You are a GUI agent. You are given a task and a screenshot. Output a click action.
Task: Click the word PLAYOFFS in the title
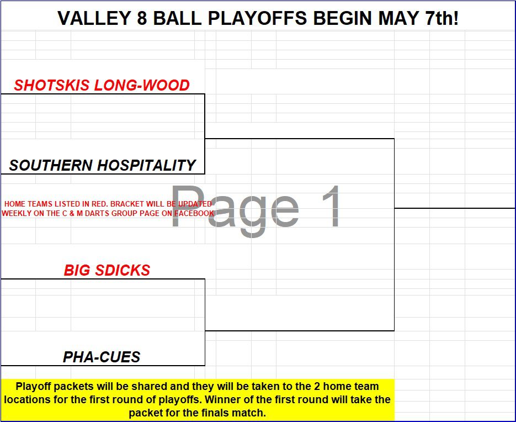point(257,18)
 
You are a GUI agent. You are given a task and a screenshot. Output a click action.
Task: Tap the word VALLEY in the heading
point(94,18)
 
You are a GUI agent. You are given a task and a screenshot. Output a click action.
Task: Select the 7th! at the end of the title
point(441,18)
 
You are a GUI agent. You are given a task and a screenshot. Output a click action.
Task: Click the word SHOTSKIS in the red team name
point(52,85)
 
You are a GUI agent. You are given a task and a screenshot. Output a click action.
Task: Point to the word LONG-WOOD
point(142,85)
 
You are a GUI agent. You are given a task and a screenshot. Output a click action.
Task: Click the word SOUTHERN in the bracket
point(51,165)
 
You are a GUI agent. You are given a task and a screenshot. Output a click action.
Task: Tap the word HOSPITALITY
point(147,165)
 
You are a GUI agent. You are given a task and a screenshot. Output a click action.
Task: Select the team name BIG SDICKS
point(107,271)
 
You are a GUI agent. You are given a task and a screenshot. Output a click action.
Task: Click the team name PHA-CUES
point(102,357)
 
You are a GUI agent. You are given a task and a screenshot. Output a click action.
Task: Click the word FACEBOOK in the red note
point(194,213)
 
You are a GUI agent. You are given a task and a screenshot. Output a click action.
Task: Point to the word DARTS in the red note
point(98,213)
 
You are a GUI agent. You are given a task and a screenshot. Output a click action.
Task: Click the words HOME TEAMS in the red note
point(28,204)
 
